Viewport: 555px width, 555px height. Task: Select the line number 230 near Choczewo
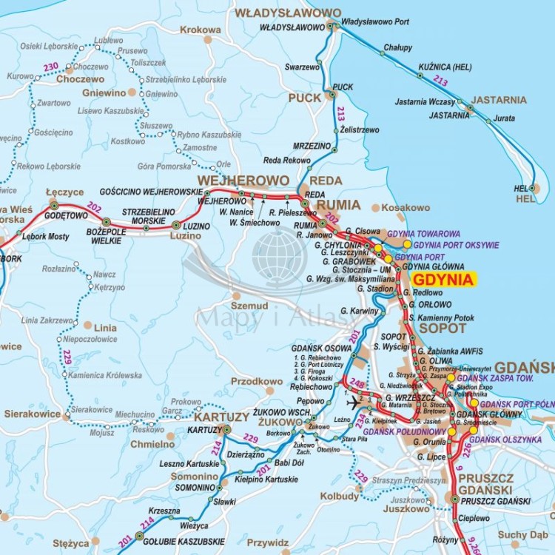[50, 67]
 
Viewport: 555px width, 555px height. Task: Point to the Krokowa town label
[201, 30]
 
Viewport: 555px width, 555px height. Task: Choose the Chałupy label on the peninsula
[397, 47]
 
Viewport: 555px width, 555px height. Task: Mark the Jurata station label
[504, 118]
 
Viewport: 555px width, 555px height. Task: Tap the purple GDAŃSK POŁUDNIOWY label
[399, 431]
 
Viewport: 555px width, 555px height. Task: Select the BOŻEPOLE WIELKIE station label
[103, 235]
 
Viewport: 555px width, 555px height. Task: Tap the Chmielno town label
[152, 445]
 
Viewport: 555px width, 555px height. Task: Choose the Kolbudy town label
[339, 496]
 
